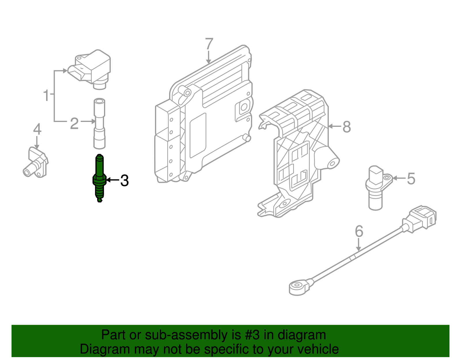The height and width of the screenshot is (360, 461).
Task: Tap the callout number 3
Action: tap(124, 181)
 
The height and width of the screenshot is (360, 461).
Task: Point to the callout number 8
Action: tap(347, 127)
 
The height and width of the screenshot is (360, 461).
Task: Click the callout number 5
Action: tap(411, 178)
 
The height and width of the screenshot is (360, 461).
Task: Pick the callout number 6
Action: tap(359, 231)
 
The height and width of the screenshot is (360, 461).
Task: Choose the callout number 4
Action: tap(37, 129)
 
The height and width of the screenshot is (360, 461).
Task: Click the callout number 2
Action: tap(74, 123)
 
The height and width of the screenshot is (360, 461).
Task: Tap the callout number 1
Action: tap(46, 95)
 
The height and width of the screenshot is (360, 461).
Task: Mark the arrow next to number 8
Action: tap(335, 126)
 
